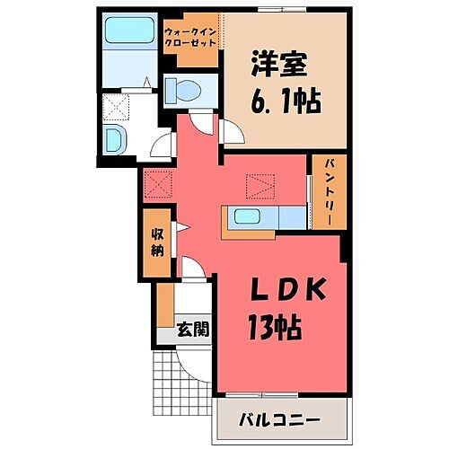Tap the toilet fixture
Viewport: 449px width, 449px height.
pos(184,90)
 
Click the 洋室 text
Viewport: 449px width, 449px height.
pos(281,64)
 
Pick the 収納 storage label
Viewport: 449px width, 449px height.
pos(156,242)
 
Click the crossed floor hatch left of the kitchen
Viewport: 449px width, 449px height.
pos(158,185)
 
